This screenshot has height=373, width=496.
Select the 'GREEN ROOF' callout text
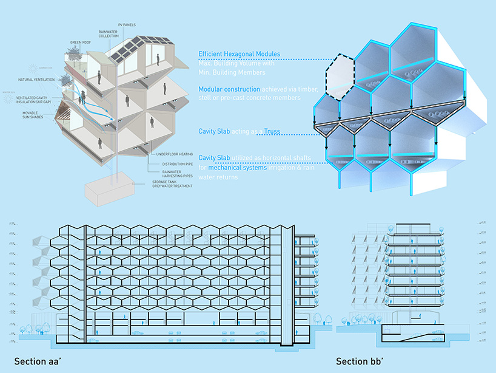click(x=79, y=43)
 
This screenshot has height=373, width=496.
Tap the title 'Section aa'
click(x=40, y=358)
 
